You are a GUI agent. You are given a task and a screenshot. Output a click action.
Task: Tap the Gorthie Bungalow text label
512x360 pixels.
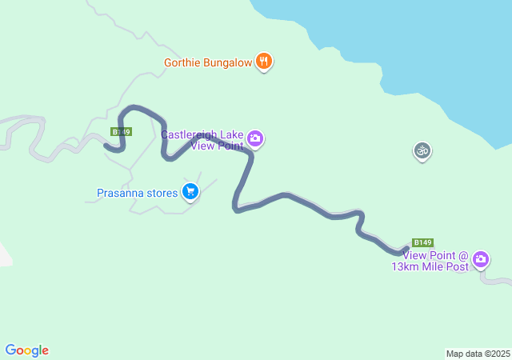[x=208, y=62]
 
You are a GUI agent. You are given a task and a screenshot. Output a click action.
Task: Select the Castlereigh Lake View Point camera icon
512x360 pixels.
[x=255, y=139]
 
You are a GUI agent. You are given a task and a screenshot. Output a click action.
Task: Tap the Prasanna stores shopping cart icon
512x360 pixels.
[x=190, y=191]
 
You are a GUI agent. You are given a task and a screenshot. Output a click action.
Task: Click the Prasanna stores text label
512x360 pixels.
[x=136, y=193]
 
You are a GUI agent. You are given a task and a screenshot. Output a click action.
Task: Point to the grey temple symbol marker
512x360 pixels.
[x=422, y=150]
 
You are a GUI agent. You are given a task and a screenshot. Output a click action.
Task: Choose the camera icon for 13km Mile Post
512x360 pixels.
[x=480, y=258]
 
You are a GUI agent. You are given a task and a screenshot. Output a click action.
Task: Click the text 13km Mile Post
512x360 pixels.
[x=430, y=267]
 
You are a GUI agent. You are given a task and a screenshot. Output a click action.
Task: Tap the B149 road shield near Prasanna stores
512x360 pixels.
[x=121, y=132]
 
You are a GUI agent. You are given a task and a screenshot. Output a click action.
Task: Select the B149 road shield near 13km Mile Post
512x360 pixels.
[x=422, y=242]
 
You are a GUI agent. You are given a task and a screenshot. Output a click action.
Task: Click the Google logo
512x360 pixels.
[x=26, y=350]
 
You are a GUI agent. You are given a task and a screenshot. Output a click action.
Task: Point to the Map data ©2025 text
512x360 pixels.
[x=478, y=354]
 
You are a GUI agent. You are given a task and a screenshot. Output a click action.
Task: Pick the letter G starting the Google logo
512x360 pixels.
[x=10, y=350]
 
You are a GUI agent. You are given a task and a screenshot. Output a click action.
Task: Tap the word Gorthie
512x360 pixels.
[x=182, y=62]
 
